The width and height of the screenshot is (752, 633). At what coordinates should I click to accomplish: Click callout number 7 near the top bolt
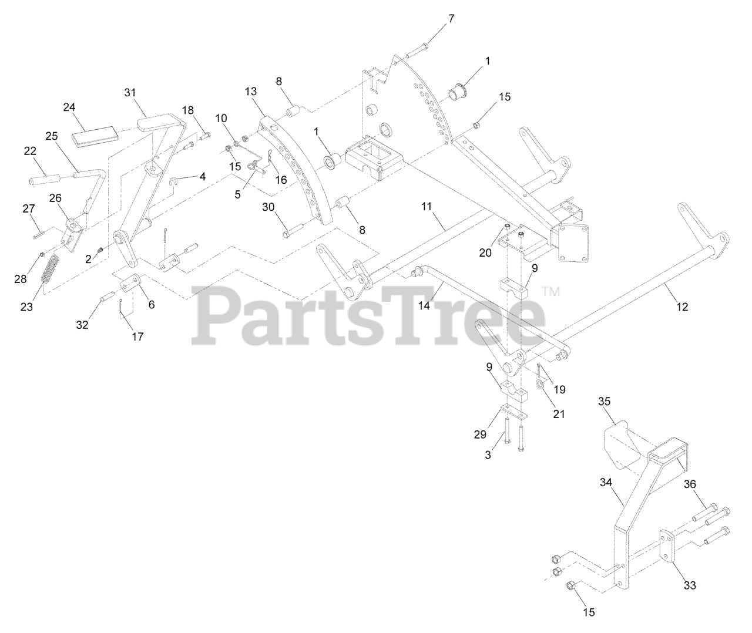[451, 19]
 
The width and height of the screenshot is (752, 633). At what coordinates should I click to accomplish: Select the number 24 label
[70, 107]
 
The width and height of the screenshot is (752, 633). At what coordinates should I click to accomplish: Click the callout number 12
[682, 307]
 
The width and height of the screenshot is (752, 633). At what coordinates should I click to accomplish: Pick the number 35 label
[605, 402]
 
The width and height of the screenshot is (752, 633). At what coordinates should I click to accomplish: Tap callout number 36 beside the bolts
[690, 484]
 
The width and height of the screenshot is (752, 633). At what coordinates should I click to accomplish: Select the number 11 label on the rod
[427, 206]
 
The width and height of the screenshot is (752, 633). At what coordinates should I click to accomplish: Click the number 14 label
[425, 305]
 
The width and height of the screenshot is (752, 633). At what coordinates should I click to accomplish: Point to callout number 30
[268, 207]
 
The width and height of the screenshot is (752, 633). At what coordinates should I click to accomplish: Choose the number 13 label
[251, 92]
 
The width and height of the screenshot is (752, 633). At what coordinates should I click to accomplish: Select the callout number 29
[480, 435]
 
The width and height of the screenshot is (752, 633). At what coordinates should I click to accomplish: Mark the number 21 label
[559, 413]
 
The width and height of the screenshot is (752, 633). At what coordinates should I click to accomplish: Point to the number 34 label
[606, 483]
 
